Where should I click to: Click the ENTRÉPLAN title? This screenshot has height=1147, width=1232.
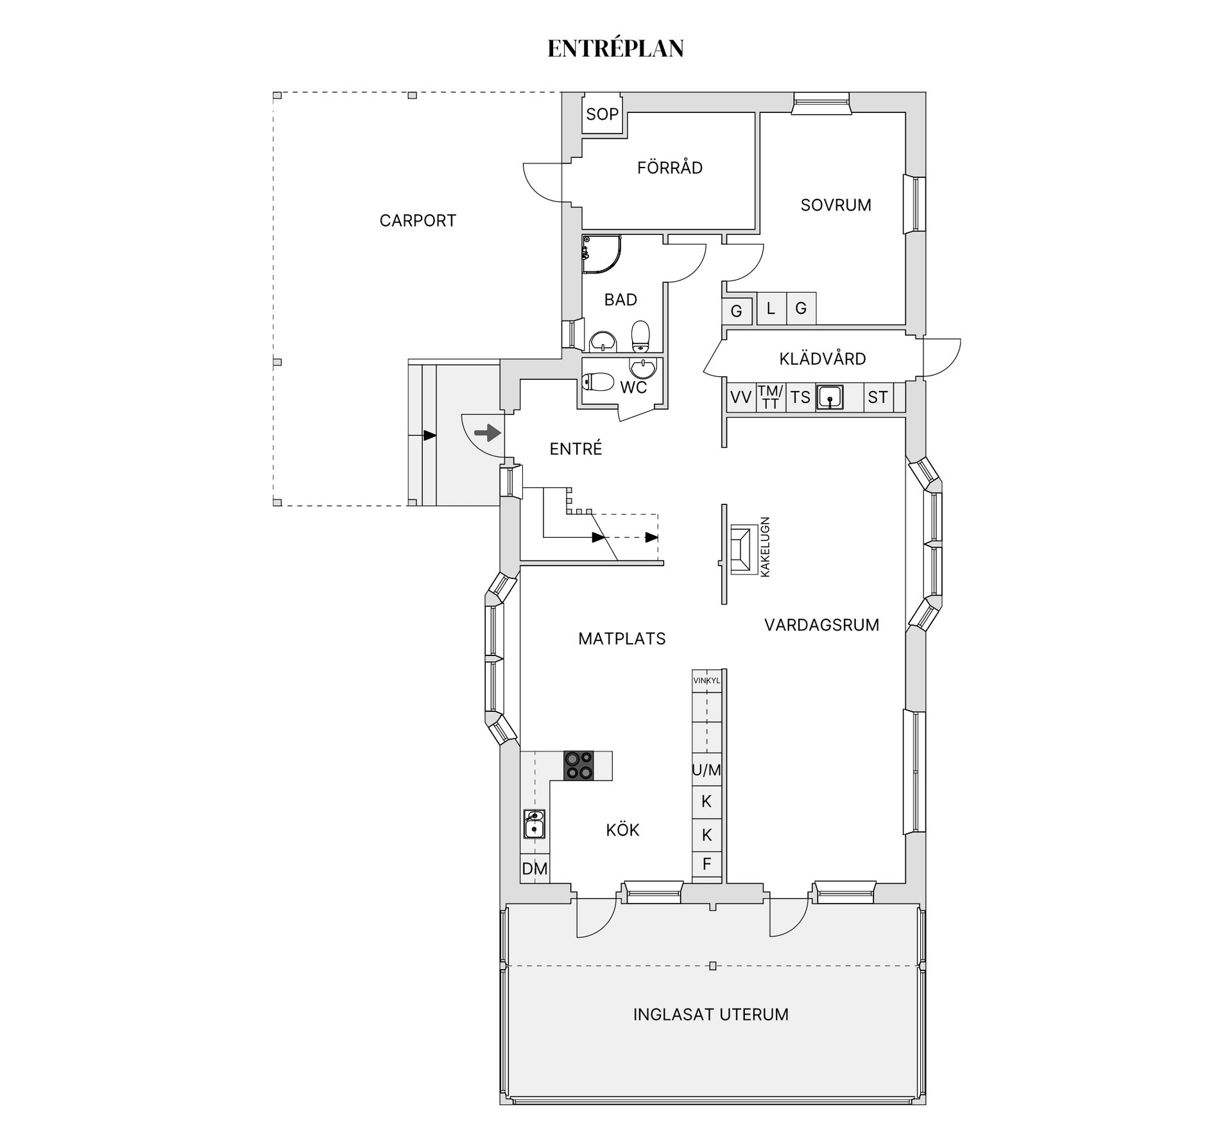point(615,49)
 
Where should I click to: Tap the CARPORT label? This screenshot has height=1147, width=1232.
point(418,221)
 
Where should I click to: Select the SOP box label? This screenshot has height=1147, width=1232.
point(602,114)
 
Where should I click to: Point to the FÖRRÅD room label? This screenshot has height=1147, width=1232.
point(670,168)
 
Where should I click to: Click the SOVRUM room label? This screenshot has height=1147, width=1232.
point(835,205)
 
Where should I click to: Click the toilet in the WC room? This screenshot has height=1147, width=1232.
point(598,382)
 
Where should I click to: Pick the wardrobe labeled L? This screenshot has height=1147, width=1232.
point(771,308)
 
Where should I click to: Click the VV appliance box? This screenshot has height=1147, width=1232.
point(741,397)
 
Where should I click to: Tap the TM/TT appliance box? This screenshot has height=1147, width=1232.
point(771,397)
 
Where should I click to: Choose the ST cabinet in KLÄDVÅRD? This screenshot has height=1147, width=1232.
point(878,397)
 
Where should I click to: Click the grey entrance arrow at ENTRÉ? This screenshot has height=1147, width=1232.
point(488,433)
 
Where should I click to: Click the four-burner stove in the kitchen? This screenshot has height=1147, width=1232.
point(578,766)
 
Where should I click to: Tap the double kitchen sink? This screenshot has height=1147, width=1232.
point(535,824)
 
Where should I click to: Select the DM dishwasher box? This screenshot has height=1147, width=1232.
point(535,868)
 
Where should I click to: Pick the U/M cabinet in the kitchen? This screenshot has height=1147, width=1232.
point(706,769)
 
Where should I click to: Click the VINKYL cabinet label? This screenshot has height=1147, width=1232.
point(706,680)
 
